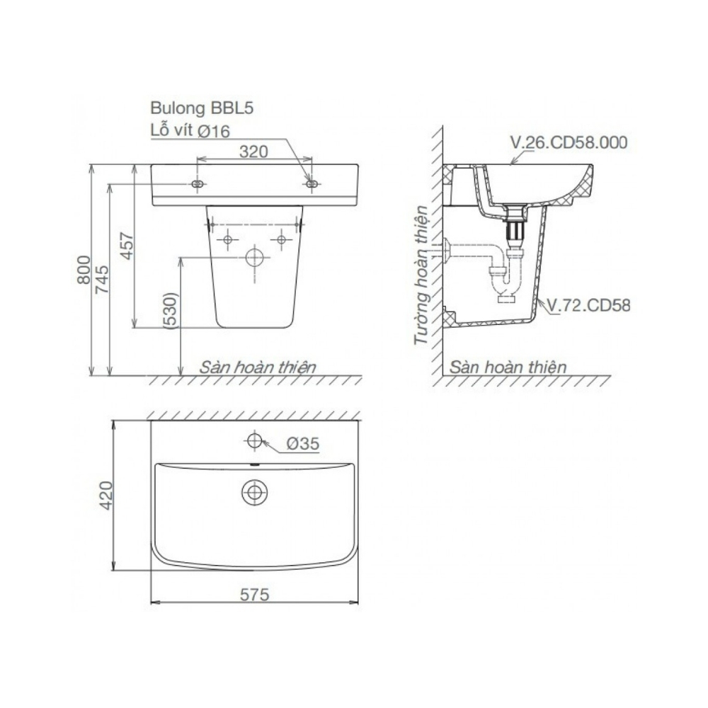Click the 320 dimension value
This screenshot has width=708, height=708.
(x=253, y=152)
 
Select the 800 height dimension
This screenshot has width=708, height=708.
(x=84, y=270)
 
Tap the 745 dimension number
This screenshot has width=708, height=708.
(x=102, y=279)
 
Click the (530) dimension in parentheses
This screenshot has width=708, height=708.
(x=171, y=311)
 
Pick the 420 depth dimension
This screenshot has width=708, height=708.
(x=107, y=496)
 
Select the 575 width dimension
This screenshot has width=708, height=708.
(x=254, y=594)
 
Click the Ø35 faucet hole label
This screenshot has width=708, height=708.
(x=303, y=444)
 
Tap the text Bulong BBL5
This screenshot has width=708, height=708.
(x=202, y=108)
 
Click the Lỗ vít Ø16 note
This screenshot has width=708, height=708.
(x=190, y=130)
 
